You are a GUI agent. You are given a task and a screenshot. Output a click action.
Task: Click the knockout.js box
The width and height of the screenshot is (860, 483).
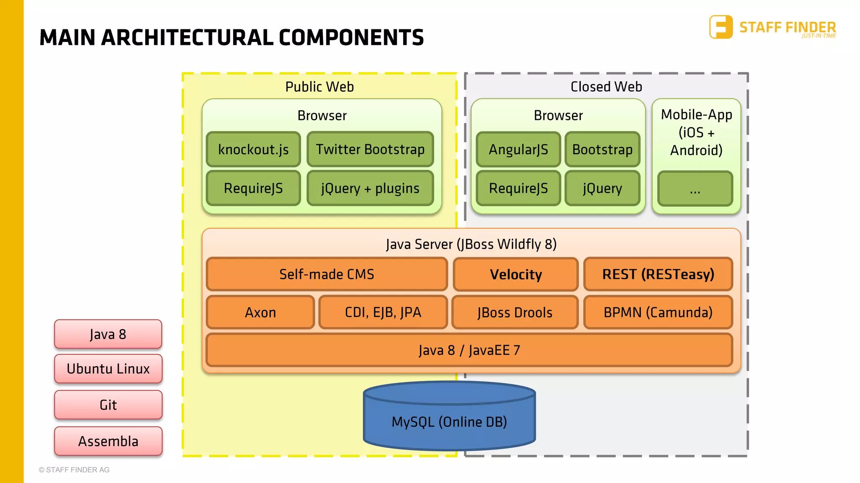(253, 149)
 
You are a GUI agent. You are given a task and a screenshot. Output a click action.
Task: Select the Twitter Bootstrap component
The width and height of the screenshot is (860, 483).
(370, 149)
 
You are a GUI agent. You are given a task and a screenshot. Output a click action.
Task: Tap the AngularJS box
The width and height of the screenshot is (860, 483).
(518, 149)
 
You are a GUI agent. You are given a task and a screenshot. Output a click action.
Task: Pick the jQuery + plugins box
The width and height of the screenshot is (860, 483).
(370, 188)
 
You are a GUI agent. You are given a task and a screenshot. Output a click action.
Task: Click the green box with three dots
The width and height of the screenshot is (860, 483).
(695, 189)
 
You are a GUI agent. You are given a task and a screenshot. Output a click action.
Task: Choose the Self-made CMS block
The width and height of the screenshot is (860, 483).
(327, 274)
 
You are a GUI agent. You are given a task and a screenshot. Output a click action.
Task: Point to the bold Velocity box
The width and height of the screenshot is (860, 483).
(516, 275)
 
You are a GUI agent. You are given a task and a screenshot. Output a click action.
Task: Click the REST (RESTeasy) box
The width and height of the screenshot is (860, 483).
(658, 274)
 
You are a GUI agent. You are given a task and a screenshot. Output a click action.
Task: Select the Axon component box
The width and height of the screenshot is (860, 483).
(260, 312)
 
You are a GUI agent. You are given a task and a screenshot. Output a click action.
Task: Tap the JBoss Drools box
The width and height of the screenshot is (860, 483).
(515, 312)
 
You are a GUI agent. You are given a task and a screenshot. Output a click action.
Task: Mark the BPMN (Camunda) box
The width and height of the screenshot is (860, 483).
(658, 312)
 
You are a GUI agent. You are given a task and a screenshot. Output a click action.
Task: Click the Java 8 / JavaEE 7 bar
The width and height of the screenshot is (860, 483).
(469, 350)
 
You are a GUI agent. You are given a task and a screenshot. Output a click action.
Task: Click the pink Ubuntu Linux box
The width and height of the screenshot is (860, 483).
(108, 369)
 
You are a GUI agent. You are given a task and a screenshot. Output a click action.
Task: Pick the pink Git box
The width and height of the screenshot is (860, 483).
(108, 405)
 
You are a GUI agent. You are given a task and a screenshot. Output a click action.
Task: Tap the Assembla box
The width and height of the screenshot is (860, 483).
(108, 441)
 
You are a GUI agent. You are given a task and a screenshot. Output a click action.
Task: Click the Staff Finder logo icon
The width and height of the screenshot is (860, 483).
(721, 27)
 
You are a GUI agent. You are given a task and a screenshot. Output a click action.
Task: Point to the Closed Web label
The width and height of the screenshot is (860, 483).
(606, 87)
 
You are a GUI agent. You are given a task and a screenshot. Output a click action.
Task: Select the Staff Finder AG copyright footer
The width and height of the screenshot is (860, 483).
(74, 470)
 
